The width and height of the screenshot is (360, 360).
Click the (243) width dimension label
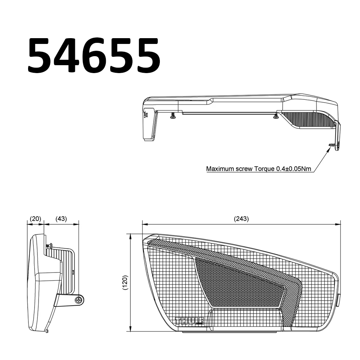(x=241, y=219)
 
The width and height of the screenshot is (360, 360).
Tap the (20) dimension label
(x=36, y=219)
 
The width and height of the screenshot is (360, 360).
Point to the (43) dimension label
(x=61, y=219)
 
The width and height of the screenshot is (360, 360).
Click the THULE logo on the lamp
(x=189, y=320)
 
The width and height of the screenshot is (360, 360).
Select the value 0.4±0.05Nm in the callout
(x=294, y=168)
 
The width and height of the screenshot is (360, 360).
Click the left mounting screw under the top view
(x=173, y=116)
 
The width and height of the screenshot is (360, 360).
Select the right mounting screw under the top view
(x=276, y=116)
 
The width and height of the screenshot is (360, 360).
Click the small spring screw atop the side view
(x=49, y=245)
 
